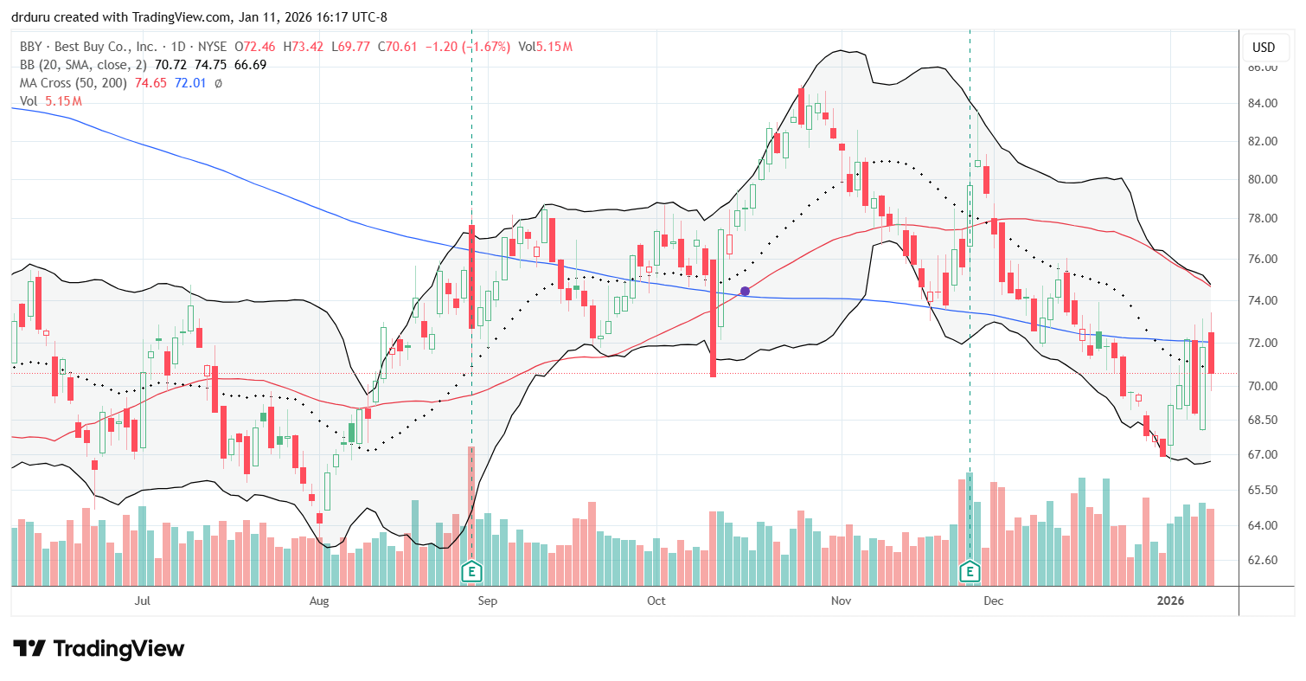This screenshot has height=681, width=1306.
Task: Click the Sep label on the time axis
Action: (x=487, y=600)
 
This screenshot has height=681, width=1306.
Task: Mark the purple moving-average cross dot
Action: (x=745, y=292)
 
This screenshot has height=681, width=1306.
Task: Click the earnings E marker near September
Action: (x=471, y=571)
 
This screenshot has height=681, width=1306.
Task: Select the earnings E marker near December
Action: (x=970, y=571)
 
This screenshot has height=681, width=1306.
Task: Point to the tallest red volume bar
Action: (x=471, y=502)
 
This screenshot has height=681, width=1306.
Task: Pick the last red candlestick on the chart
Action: (x=1211, y=353)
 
